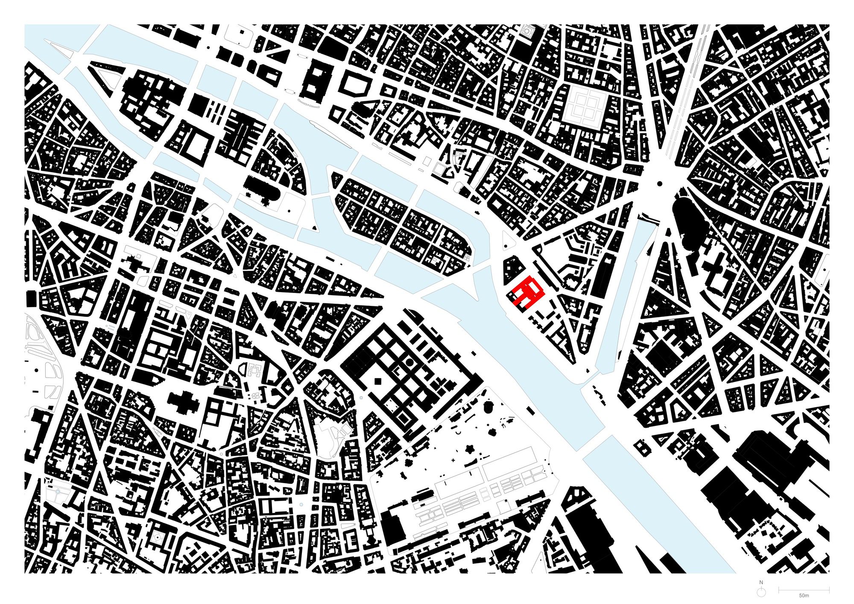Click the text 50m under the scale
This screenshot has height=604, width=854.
pos(804,595)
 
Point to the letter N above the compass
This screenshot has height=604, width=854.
pos(761,583)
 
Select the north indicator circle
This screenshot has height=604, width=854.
pos(761,592)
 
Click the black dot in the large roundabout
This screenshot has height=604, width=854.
pos(660,184)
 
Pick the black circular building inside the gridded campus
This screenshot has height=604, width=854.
pos(409,363)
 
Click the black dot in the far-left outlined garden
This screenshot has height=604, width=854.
pos(37,370)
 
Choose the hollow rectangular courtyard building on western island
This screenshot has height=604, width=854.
pos(196,145)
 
